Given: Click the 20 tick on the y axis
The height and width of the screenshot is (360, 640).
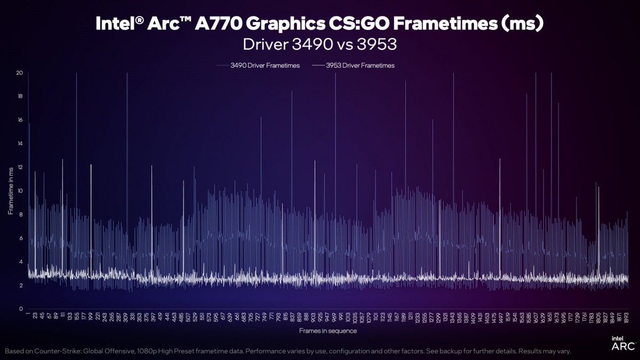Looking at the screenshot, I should point(19,73).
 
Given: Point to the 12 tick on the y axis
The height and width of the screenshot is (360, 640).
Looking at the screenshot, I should point(19,167).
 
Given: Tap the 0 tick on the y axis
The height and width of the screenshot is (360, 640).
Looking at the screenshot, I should point(20,309).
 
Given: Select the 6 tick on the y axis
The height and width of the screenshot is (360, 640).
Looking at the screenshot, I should point(20,238).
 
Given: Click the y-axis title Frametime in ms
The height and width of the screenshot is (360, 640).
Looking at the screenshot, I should point(11,190).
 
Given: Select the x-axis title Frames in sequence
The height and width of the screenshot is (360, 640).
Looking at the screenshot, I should point(327,331).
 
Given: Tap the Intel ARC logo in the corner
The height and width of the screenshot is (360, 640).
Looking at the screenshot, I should point(619,343).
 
